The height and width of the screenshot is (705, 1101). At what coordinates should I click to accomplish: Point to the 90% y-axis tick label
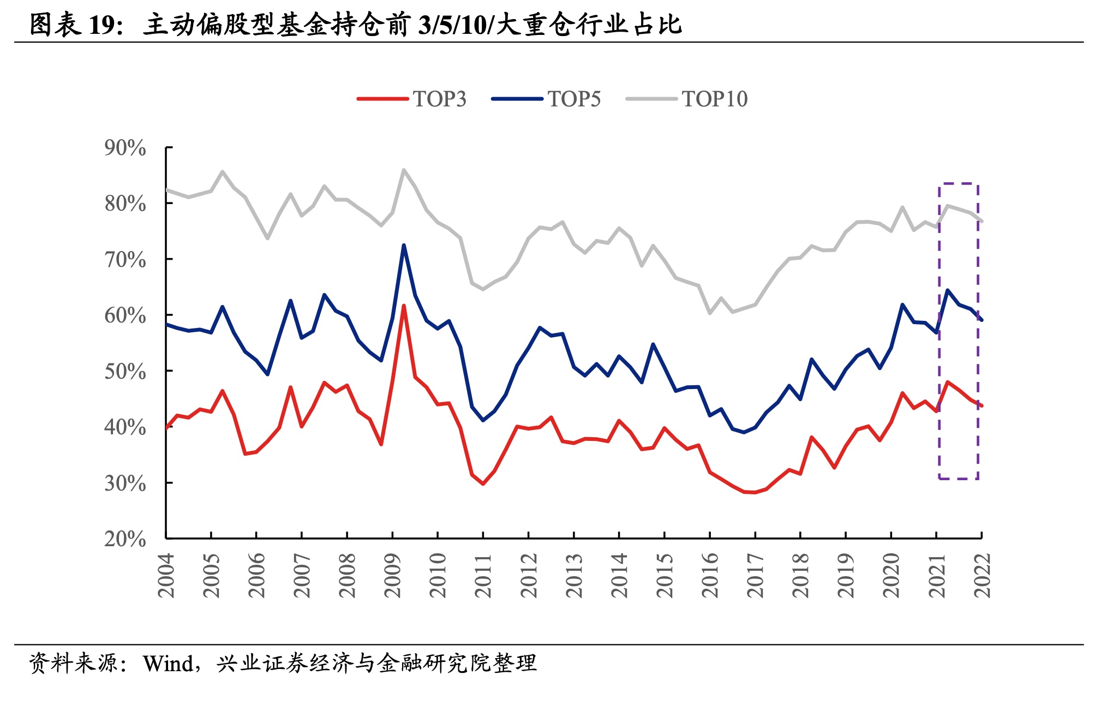point(125,147)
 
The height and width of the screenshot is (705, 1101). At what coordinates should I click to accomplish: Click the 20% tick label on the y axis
point(125,539)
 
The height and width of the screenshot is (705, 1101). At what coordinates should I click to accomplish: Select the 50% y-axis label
point(125,371)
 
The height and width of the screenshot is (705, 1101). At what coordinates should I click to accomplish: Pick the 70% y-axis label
point(125,259)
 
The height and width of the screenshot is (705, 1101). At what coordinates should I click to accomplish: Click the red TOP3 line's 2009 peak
point(404,306)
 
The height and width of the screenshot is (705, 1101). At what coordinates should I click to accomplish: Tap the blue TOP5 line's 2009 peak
point(404,245)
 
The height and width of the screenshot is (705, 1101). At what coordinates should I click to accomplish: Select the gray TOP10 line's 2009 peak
point(404,170)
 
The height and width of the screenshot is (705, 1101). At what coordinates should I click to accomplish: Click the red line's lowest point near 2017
point(755,492)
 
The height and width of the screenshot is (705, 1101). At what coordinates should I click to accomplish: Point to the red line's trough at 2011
point(483,483)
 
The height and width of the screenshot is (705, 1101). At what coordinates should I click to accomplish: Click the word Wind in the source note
point(168,664)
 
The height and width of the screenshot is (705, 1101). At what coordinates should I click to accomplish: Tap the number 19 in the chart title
point(102,25)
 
